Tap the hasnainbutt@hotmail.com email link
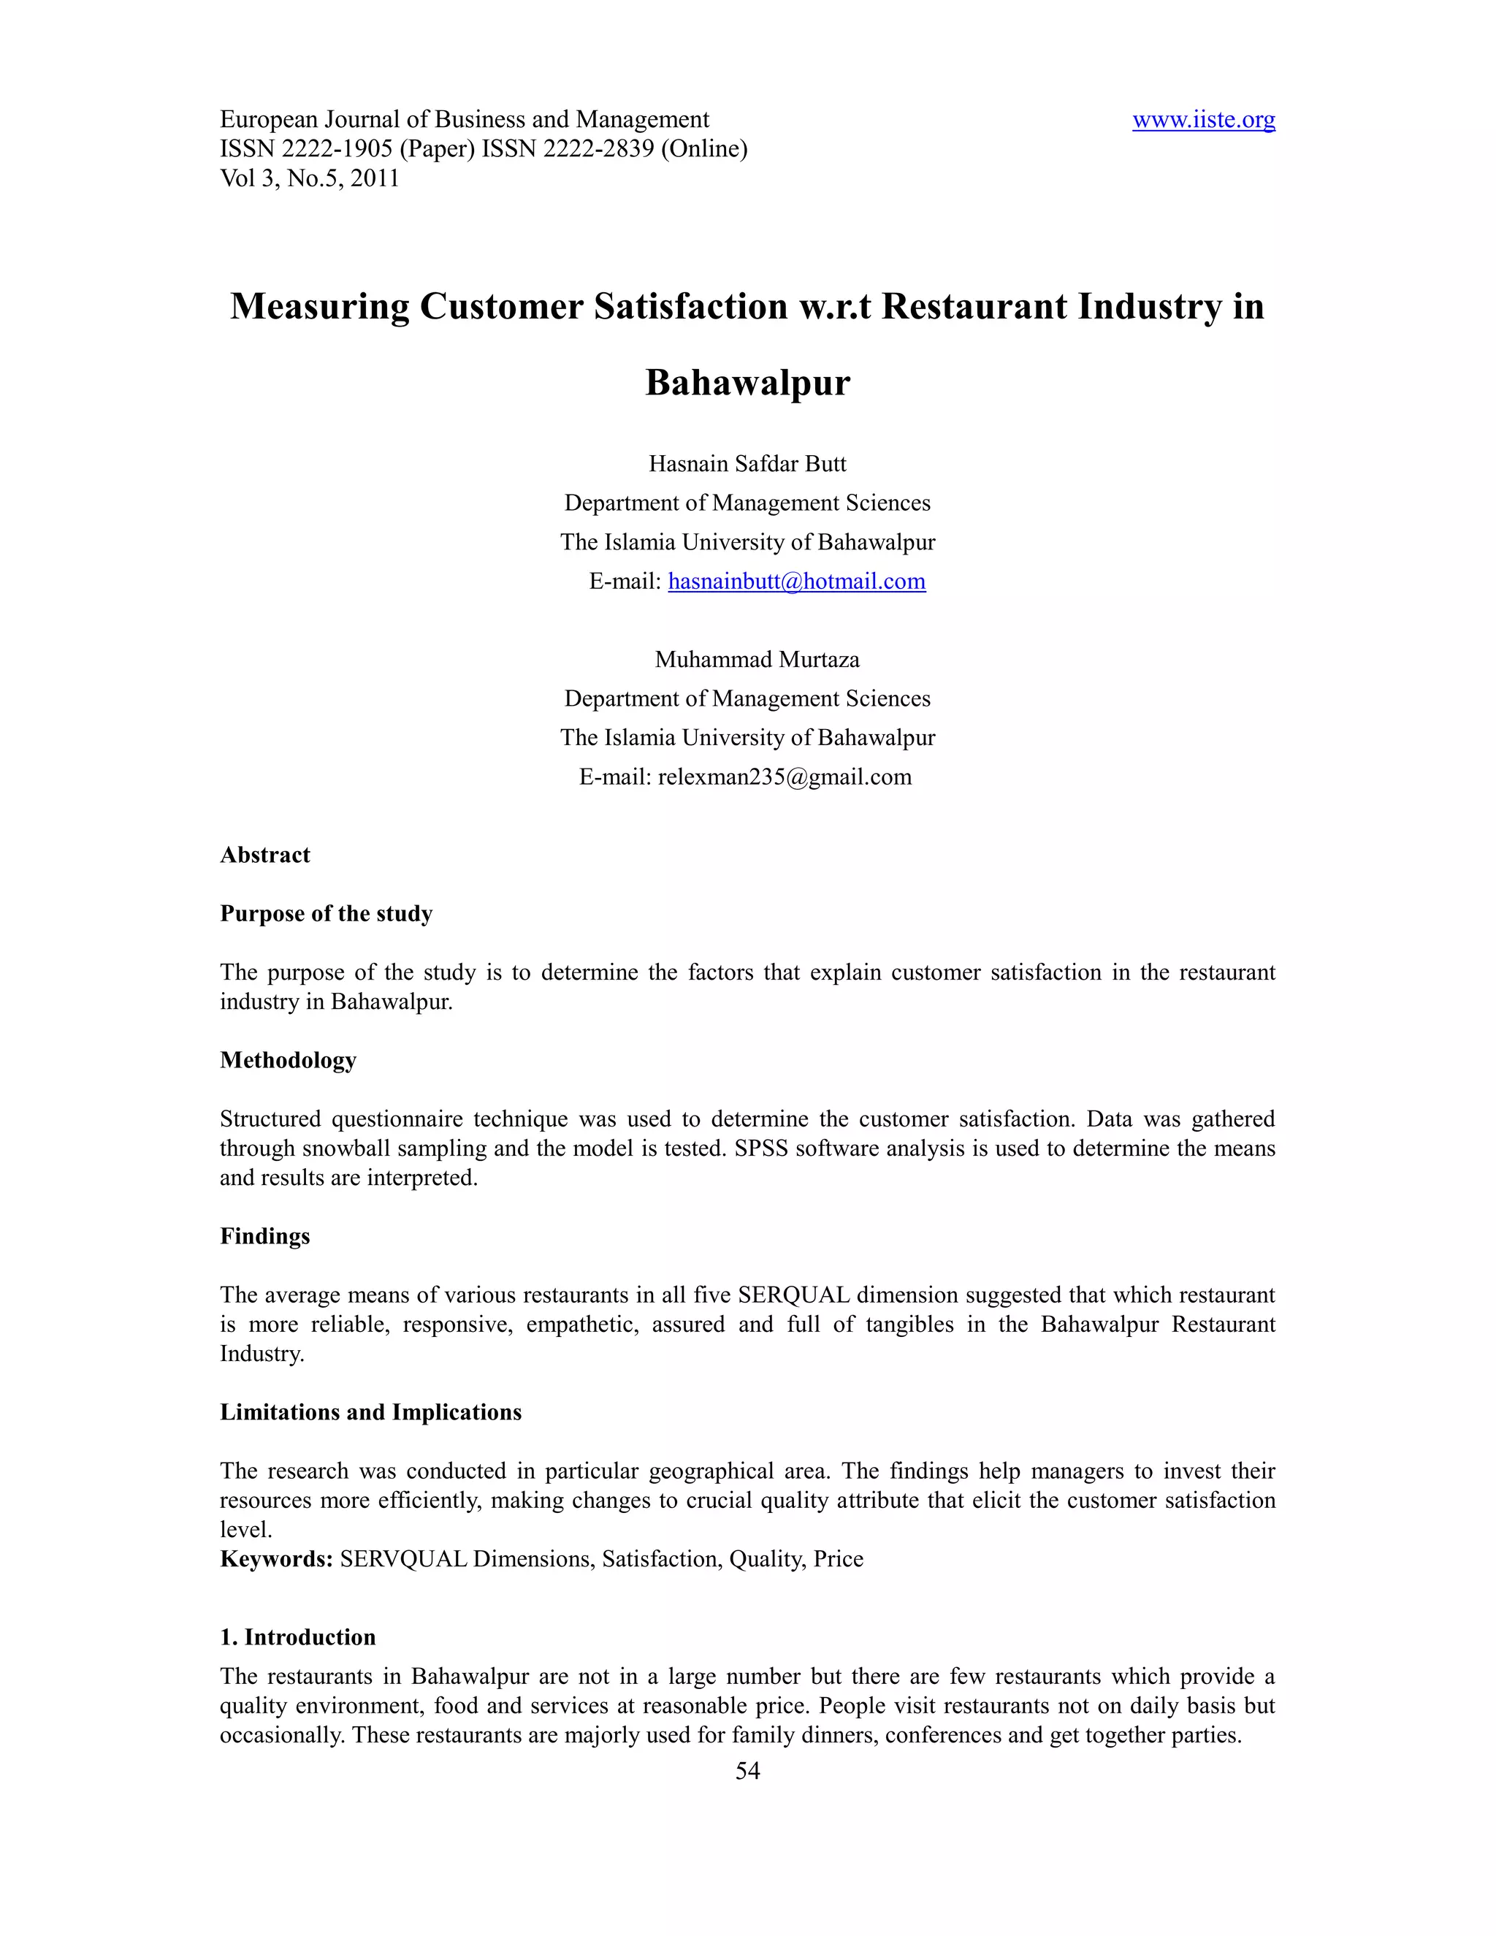796,582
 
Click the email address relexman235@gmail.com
785,777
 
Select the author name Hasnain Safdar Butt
747,464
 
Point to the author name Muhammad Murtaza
757,660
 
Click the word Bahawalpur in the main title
747,383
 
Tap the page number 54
747,1770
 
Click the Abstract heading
265,855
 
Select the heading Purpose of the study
326,914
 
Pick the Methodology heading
288,1060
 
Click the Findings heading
265,1237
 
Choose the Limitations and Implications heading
370,1412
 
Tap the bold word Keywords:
275,1559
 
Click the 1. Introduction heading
298,1637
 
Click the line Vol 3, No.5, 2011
309,178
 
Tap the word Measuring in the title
319,307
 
